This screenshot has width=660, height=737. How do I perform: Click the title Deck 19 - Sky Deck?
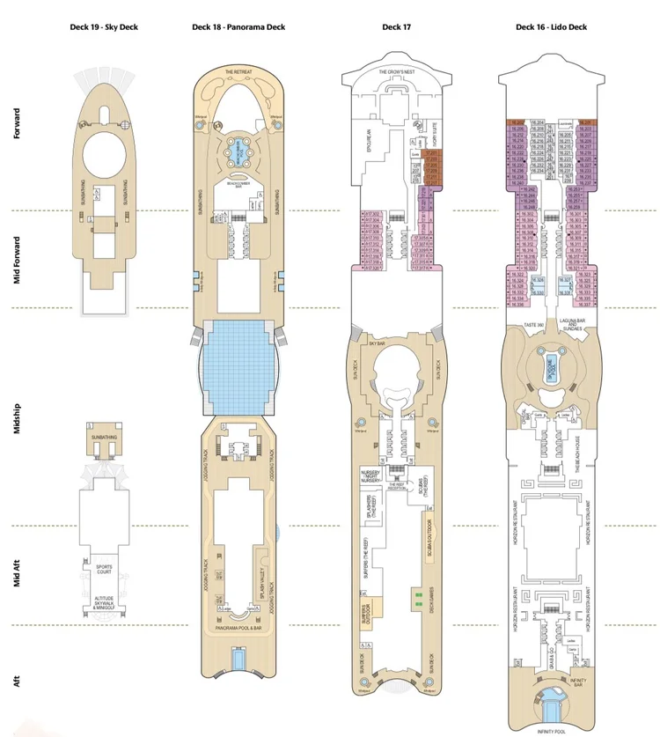coord(105,27)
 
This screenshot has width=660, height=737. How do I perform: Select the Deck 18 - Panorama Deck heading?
coord(238,27)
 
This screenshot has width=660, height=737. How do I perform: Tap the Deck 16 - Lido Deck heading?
coord(551,27)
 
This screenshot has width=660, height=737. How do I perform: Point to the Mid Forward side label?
coord(17,259)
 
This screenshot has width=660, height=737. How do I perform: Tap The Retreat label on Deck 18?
coord(238,72)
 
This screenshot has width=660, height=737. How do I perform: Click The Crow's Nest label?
coord(395,72)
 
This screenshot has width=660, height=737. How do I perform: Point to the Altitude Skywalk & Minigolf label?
coord(105,603)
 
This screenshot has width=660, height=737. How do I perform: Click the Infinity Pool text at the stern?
coord(552,730)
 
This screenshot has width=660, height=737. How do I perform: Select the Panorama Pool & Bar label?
coord(238,629)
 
